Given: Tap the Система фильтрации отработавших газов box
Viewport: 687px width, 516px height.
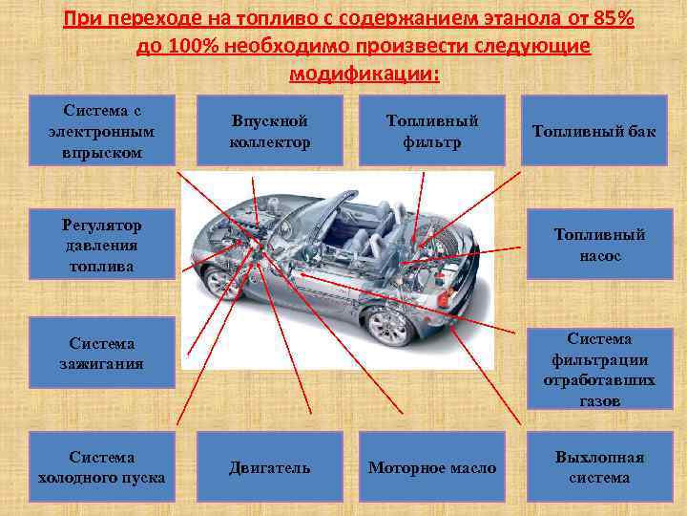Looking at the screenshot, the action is [600, 369].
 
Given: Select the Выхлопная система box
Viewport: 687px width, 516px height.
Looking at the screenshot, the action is [600, 466].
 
